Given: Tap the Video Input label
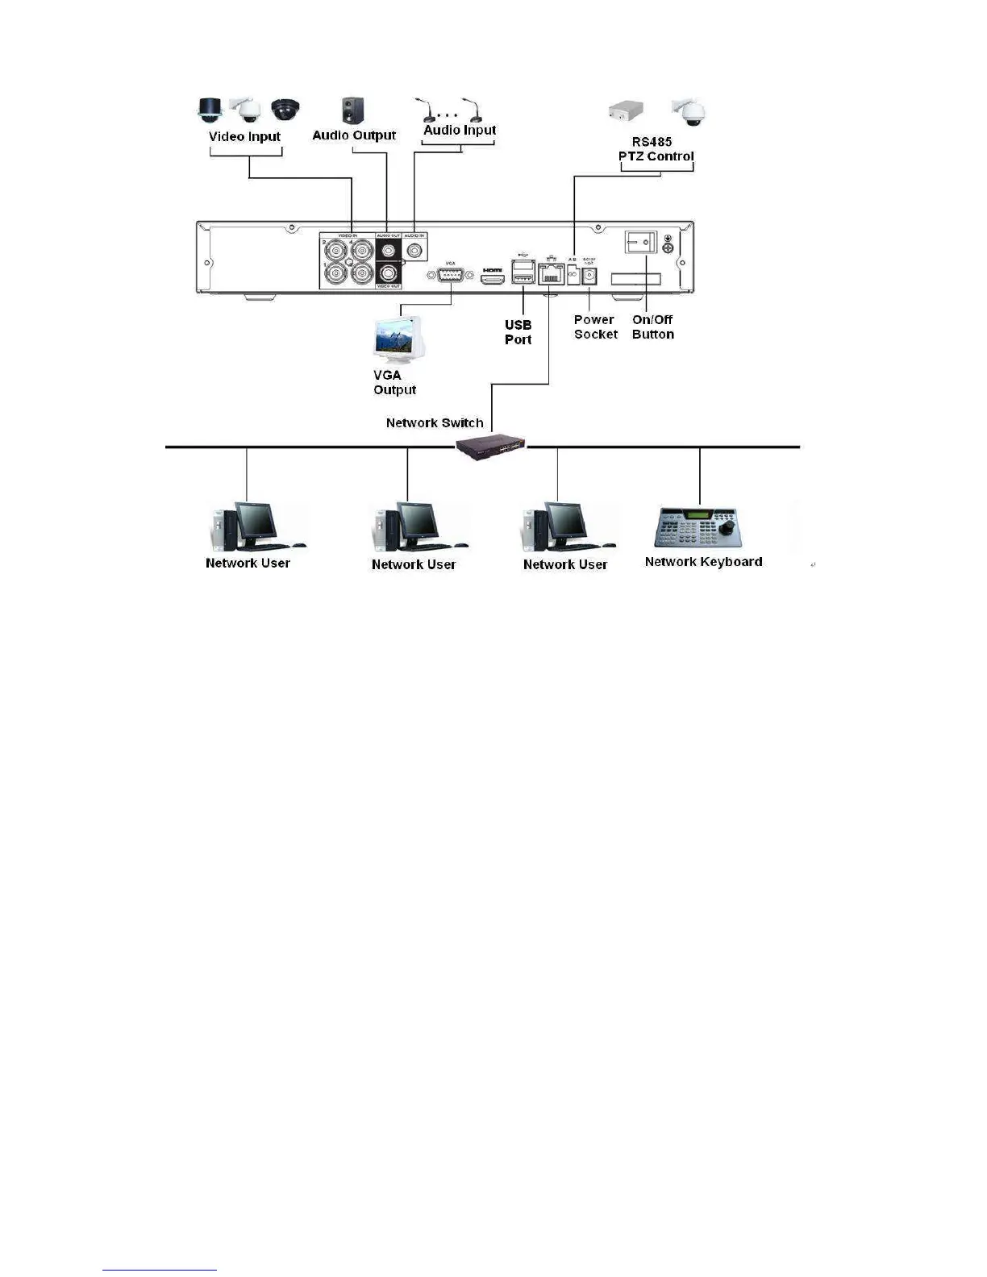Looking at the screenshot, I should point(244,136).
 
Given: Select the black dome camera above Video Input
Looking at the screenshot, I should point(285,109).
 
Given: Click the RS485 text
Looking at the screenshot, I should point(652,142).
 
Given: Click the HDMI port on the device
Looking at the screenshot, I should point(492,279).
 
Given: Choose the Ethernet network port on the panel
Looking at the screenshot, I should point(552,274).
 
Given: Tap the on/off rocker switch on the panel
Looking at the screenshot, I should point(641,242).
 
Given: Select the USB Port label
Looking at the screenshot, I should point(518,332).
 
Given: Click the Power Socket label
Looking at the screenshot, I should point(595,327).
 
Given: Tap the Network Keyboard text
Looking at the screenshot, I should point(703,562).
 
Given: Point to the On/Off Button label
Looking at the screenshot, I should point(652,327).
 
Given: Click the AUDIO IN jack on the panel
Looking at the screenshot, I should point(415,250).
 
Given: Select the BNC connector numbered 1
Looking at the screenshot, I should point(335,274).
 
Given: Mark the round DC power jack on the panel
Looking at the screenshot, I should point(589,276).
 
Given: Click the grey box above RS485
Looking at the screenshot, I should point(631,110).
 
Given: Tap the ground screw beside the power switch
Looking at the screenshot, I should point(668,249).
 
